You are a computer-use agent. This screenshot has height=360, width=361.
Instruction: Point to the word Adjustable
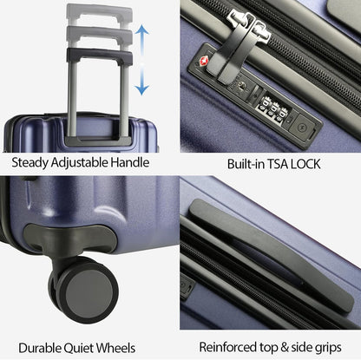(90, 162)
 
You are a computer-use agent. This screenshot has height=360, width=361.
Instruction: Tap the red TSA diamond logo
(206, 62)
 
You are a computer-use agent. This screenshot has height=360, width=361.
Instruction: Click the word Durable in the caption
(44, 346)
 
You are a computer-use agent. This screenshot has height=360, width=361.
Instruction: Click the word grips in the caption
(331, 347)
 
